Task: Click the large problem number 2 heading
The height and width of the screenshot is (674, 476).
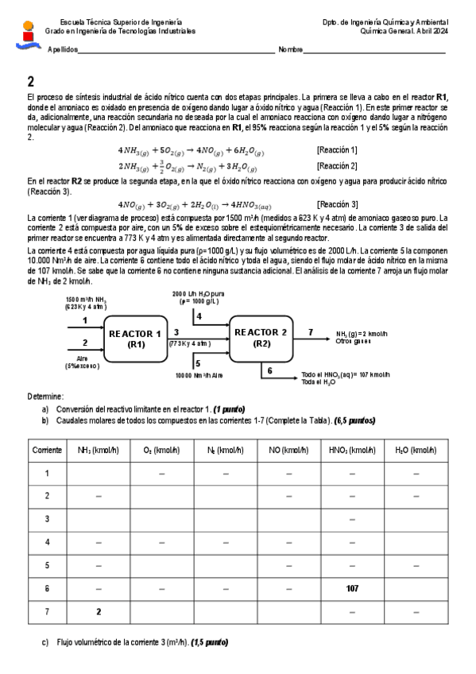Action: (31, 81)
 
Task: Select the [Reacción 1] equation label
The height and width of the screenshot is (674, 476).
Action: (337, 149)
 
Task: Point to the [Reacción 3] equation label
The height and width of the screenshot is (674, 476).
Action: (337, 204)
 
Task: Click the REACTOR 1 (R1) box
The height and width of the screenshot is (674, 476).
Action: (135, 338)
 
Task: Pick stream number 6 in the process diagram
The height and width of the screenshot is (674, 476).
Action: (269, 370)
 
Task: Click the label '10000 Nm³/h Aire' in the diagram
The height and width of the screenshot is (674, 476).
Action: (200, 374)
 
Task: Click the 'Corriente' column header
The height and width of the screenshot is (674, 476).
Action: (48, 450)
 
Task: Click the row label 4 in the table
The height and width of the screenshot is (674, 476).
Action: (48, 542)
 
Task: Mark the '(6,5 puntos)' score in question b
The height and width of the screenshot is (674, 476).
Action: (355, 420)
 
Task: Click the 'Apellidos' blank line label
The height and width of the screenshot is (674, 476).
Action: (64, 50)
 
